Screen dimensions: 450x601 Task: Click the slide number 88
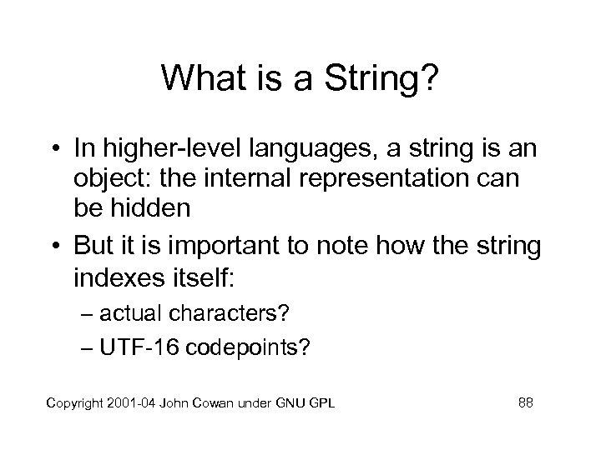(525, 404)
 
